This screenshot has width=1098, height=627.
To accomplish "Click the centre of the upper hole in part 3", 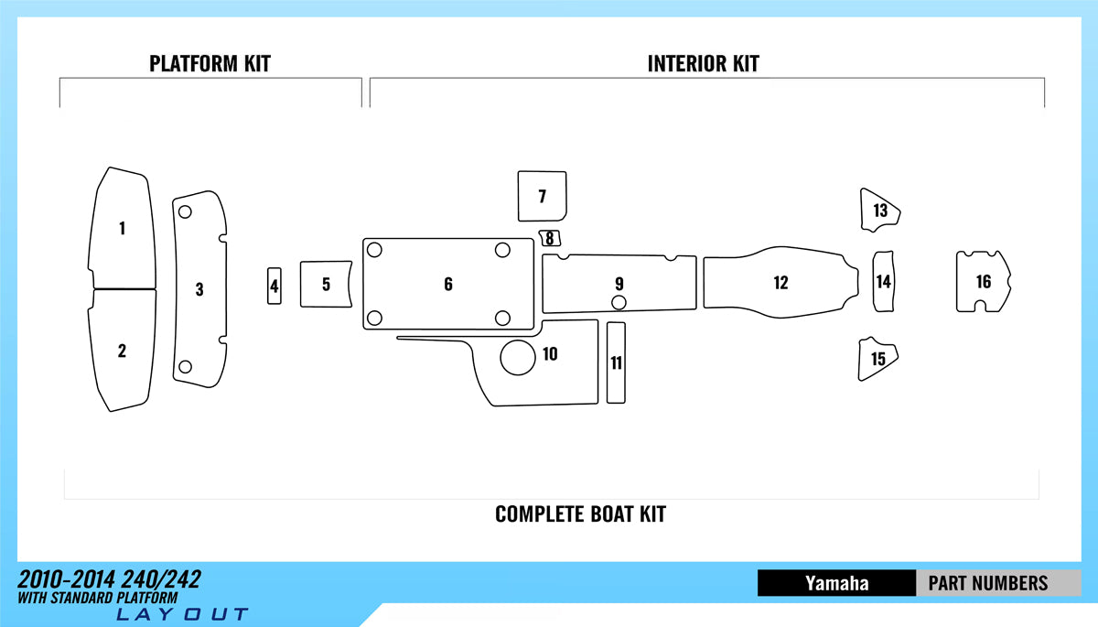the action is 185,211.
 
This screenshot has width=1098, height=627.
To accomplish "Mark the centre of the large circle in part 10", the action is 518,357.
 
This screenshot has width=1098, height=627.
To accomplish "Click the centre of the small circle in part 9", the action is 619,302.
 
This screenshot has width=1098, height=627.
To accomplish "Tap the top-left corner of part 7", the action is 518,171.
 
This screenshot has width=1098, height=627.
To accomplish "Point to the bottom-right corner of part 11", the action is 625,403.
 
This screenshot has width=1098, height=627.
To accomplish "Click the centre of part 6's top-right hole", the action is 502,250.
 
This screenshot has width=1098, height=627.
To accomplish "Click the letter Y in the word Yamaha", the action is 812,583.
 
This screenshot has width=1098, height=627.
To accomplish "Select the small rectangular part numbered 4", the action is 274,286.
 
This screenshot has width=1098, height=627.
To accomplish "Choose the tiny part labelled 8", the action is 550,238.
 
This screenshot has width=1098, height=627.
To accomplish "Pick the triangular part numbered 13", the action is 880,211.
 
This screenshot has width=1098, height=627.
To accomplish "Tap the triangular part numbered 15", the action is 877,359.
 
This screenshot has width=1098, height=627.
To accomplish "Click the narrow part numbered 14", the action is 883,281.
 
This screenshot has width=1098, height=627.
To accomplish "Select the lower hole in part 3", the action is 185,366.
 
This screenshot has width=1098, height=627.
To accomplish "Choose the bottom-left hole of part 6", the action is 374,318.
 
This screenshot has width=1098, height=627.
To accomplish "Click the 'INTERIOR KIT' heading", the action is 704,64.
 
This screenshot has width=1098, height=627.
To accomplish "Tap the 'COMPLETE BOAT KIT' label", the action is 580,514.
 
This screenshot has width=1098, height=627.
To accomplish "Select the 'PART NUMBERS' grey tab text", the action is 988,583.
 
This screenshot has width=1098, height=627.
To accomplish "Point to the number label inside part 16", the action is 984,281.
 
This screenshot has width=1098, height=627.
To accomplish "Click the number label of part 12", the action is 780,282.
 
